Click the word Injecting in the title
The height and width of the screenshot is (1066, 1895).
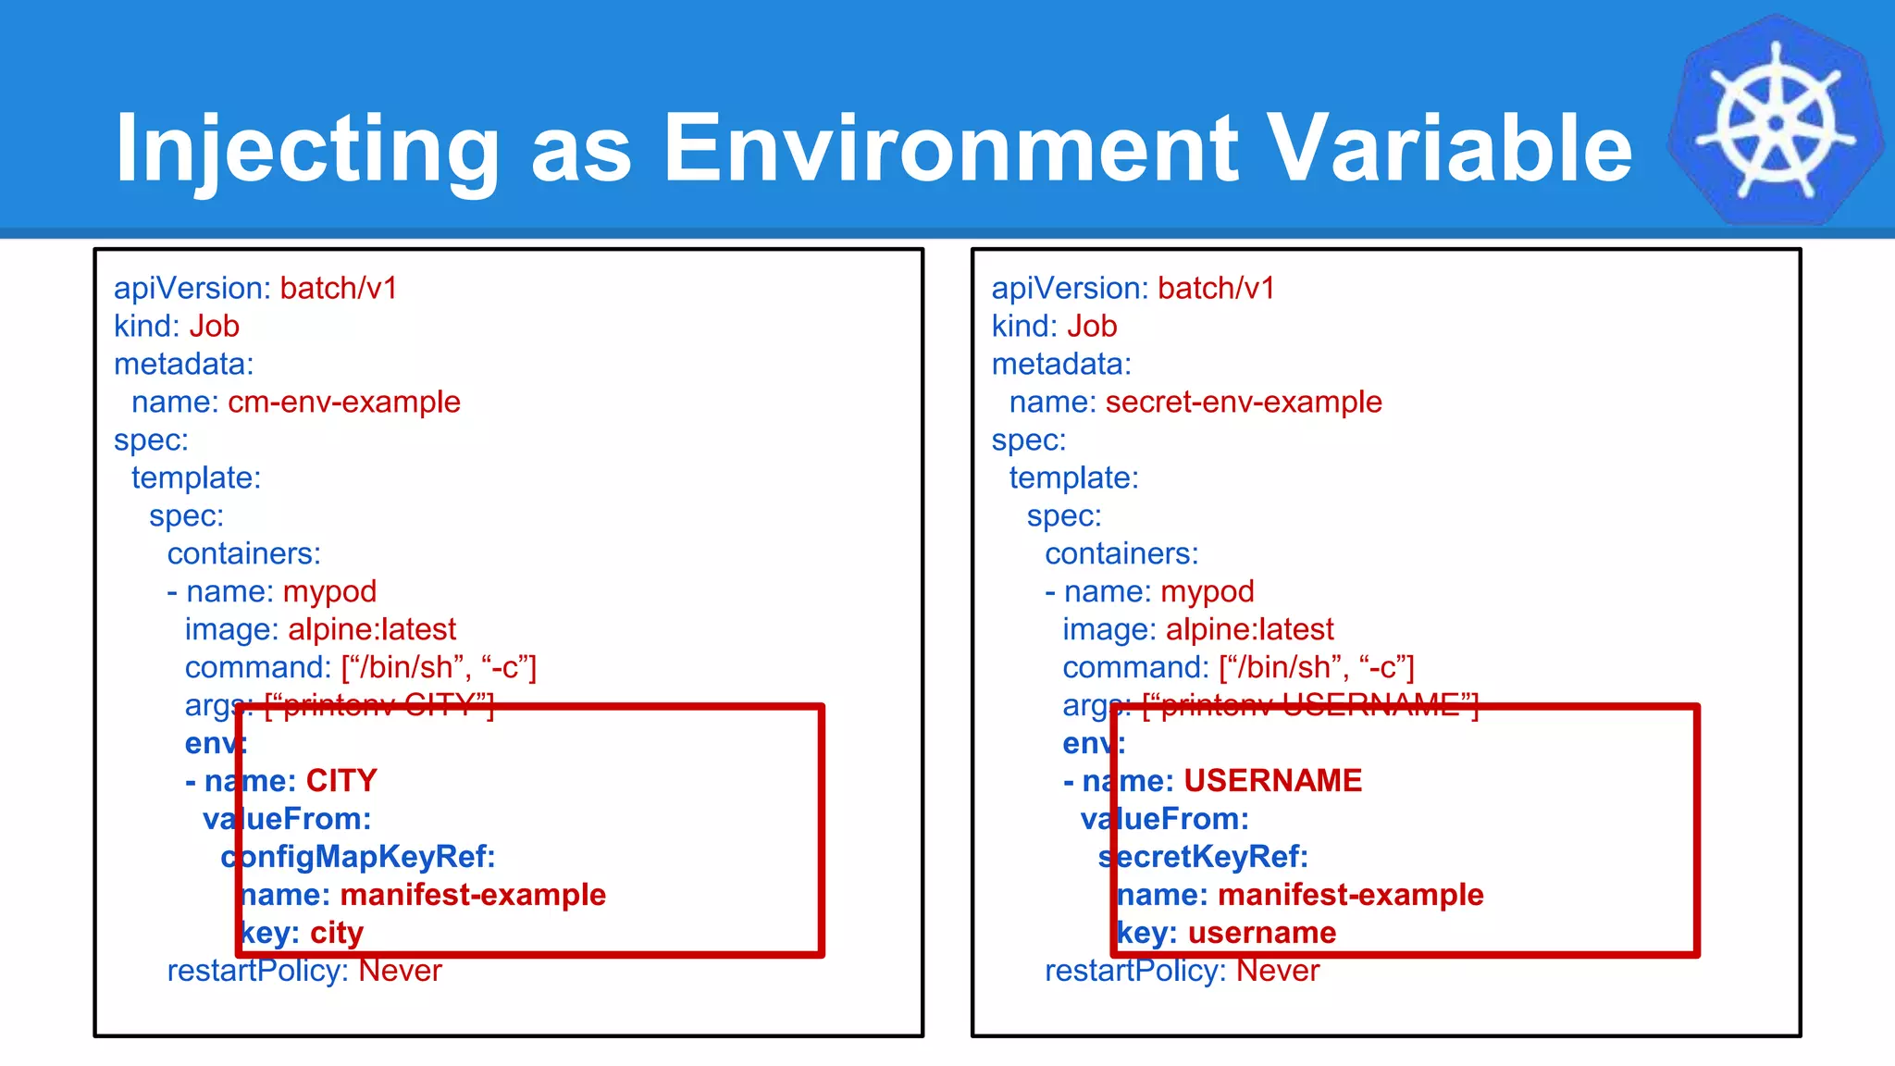click(x=306, y=148)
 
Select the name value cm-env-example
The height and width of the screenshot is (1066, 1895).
click(x=343, y=403)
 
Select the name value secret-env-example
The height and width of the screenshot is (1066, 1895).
click(x=1243, y=403)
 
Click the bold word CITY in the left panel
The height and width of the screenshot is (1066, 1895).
click(x=341, y=781)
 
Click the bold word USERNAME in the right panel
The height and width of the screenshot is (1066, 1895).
click(x=1272, y=781)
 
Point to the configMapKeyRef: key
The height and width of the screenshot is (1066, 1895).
click(x=358, y=857)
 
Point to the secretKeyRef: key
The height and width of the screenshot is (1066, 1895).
click(x=1203, y=857)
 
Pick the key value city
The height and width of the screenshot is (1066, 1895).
click(x=337, y=933)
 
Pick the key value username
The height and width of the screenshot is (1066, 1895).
click(x=1262, y=933)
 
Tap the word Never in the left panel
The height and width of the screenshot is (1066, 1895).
click(x=400, y=971)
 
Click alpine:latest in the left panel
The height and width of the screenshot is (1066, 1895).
click(x=372, y=630)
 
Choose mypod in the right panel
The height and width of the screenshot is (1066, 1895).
click(x=1208, y=592)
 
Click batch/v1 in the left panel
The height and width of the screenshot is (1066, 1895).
click(x=339, y=289)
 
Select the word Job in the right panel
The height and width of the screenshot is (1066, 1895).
click(x=1092, y=327)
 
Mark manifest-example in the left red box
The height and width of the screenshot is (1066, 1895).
click(x=473, y=895)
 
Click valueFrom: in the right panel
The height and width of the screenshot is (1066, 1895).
click(x=1165, y=819)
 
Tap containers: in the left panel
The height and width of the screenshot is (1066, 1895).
click(x=243, y=554)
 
